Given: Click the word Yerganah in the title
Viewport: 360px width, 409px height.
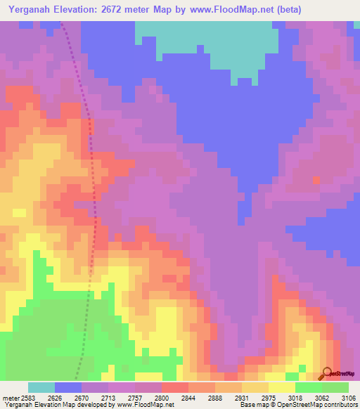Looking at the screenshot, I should point(32,9).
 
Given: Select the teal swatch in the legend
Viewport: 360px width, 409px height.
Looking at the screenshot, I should point(41,387).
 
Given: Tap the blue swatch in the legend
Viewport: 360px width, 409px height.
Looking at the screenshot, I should point(68,387).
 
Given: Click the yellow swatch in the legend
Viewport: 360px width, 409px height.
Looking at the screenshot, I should point(281,387).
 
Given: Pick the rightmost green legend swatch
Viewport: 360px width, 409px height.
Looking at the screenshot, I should point(335,387).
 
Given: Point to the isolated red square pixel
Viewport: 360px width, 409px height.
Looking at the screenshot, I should point(316,180).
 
